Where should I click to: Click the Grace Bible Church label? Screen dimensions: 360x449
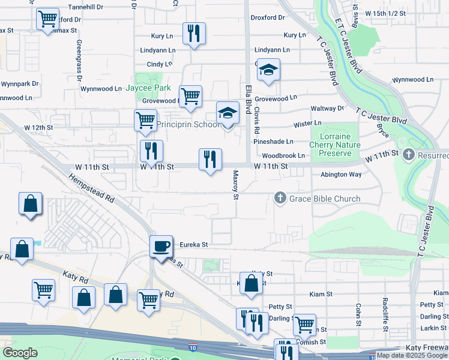pyautogui.click(x=326, y=199)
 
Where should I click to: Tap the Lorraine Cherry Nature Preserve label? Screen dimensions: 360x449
pyautogui.click(x=335, y=145)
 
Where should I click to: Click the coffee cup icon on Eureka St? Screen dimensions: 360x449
pyautogui.click(x=161, y=247)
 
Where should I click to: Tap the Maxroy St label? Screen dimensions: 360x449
pyautogui.click(x=236, y=185)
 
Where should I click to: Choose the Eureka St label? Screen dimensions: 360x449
pyautogui.click(x=193, y=245)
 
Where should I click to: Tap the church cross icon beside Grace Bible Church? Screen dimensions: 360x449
pyautogui.click(x=280, y=197)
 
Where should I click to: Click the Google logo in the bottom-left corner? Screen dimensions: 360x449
pyautogui.click(x=20, y=353)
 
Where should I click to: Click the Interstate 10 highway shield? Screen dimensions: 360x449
pyautogui.click(x=192, y=347)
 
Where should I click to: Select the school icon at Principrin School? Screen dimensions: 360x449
pyautogui.click(x=227, y=113)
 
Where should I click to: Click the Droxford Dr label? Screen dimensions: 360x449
pyautogui.click(x=267, y=18)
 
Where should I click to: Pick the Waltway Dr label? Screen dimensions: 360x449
pyautogui.click(x=327, y=109)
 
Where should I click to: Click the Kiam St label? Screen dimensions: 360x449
pyautogui.click(x=321, y=294)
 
